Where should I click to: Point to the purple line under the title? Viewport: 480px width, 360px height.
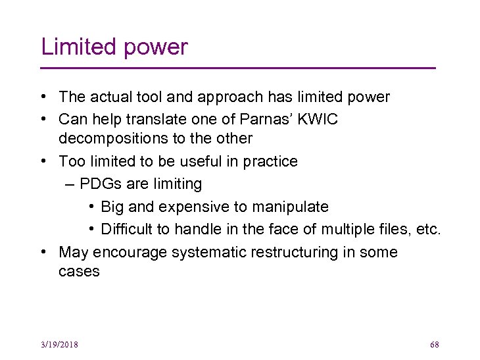238,68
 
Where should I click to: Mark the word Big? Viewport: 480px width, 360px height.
112,207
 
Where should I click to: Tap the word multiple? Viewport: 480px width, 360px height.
356,229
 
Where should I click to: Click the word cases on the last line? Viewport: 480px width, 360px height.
79,272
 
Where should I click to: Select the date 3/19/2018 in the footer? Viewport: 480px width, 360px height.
59,345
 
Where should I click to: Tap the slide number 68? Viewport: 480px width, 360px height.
434,345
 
